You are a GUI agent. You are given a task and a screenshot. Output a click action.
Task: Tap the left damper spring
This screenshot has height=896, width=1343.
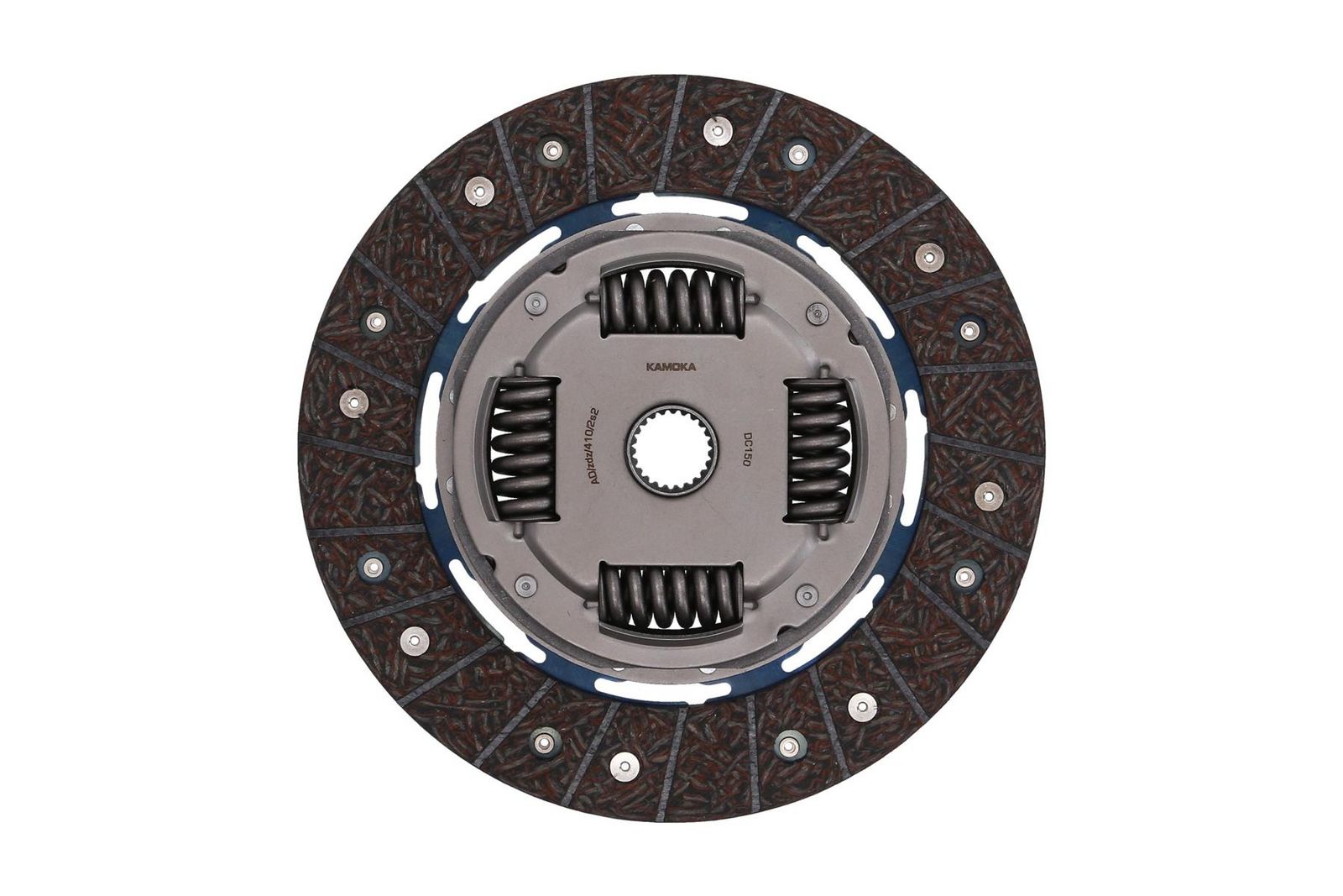click(522, 449)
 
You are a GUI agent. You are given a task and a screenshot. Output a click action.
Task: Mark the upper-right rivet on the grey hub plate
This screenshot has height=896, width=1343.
click(811, 314)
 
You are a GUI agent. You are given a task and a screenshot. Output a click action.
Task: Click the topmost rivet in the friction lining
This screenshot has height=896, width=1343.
click(714, 128)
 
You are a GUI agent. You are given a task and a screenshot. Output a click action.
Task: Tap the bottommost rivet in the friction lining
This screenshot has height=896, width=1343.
click(623, 762)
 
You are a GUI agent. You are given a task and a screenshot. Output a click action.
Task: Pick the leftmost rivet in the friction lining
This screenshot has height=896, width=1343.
click(350, 401)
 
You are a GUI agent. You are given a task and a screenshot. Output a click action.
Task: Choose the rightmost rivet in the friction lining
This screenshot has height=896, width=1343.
click(985, 495)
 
